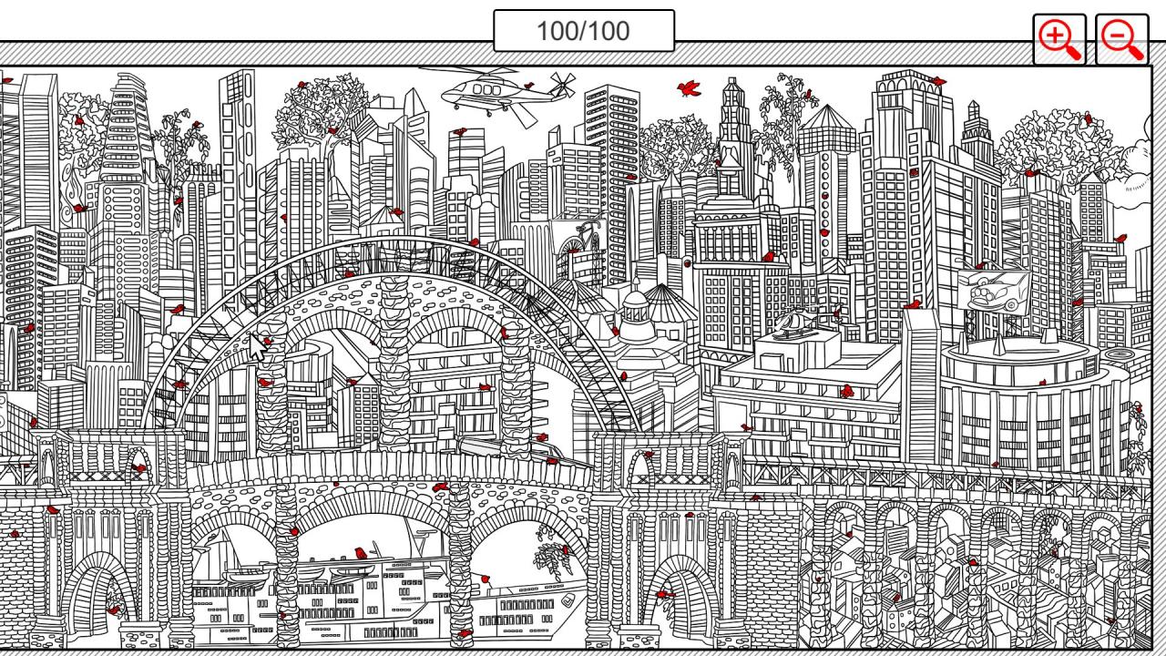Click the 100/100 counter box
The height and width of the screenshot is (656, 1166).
click(x=583, y=31)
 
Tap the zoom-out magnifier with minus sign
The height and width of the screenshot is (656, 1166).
click(x=1121, y=39)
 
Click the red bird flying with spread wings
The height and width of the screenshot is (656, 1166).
click(x=689, y=87)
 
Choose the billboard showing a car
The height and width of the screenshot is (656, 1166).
click(x=993, y=292)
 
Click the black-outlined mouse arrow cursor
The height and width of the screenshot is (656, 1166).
click(x=260, y=347)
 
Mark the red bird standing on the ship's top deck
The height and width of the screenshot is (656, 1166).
click(x=361, y=553)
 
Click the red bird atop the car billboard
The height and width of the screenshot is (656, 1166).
click(x=980, y=266)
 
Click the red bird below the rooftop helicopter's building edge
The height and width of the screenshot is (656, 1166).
click(x=846, y=392)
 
